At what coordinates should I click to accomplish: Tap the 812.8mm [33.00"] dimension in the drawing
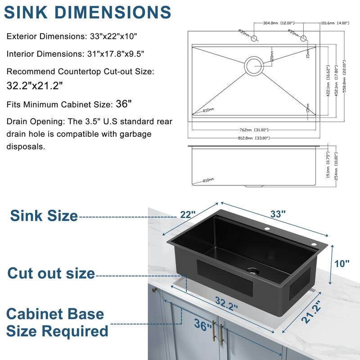254,137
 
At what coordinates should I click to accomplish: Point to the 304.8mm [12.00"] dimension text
267,22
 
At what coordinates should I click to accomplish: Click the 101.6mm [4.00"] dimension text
336,22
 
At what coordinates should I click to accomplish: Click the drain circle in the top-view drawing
254,66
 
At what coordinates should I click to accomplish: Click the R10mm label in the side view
208,180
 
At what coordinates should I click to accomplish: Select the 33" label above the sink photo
278,214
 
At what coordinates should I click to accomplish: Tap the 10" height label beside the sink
342,263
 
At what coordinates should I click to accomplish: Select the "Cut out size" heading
51,273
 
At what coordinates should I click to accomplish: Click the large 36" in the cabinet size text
123,104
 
